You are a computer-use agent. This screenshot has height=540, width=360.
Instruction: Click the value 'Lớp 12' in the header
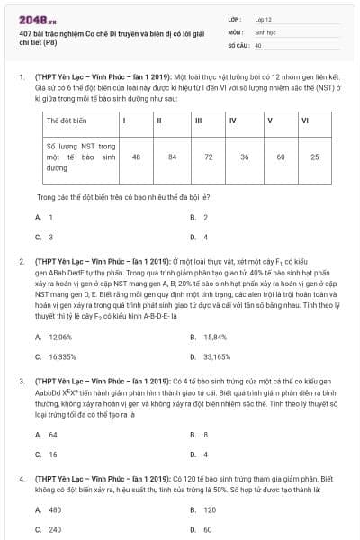pyautogui.click(x=263, y=19)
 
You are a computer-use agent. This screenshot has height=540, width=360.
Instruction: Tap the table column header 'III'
pyautogui.click(x=198, y=120)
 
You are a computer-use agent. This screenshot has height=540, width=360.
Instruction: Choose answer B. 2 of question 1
pyautogui.click(x=200, y=217)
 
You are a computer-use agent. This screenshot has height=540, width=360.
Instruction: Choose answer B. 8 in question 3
pyautogui.click(x=200, y=434)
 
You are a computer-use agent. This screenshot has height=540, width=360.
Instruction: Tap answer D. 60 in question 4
pyautogui.click(x=202, y=529)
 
